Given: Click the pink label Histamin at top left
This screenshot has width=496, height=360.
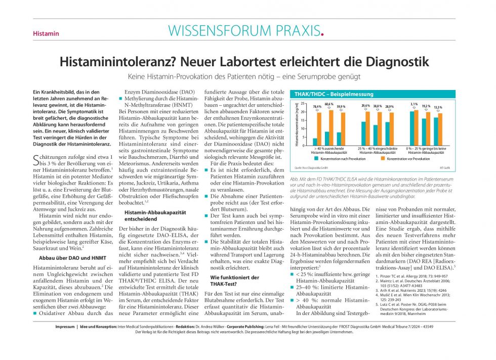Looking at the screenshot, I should (46, 34).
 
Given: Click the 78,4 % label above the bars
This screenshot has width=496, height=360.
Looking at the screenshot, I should (317, 107).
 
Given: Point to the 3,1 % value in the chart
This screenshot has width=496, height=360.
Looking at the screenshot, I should (414, 104).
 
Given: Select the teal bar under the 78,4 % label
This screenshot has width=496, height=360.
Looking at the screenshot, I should (315, 142).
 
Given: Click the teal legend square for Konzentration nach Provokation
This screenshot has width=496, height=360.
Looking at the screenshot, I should (316, 158).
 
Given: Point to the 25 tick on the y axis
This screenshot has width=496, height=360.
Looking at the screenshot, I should (303, 104).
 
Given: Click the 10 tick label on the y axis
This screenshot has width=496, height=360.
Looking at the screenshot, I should (303, 129).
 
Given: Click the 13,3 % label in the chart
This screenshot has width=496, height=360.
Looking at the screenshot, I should (438, 107).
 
